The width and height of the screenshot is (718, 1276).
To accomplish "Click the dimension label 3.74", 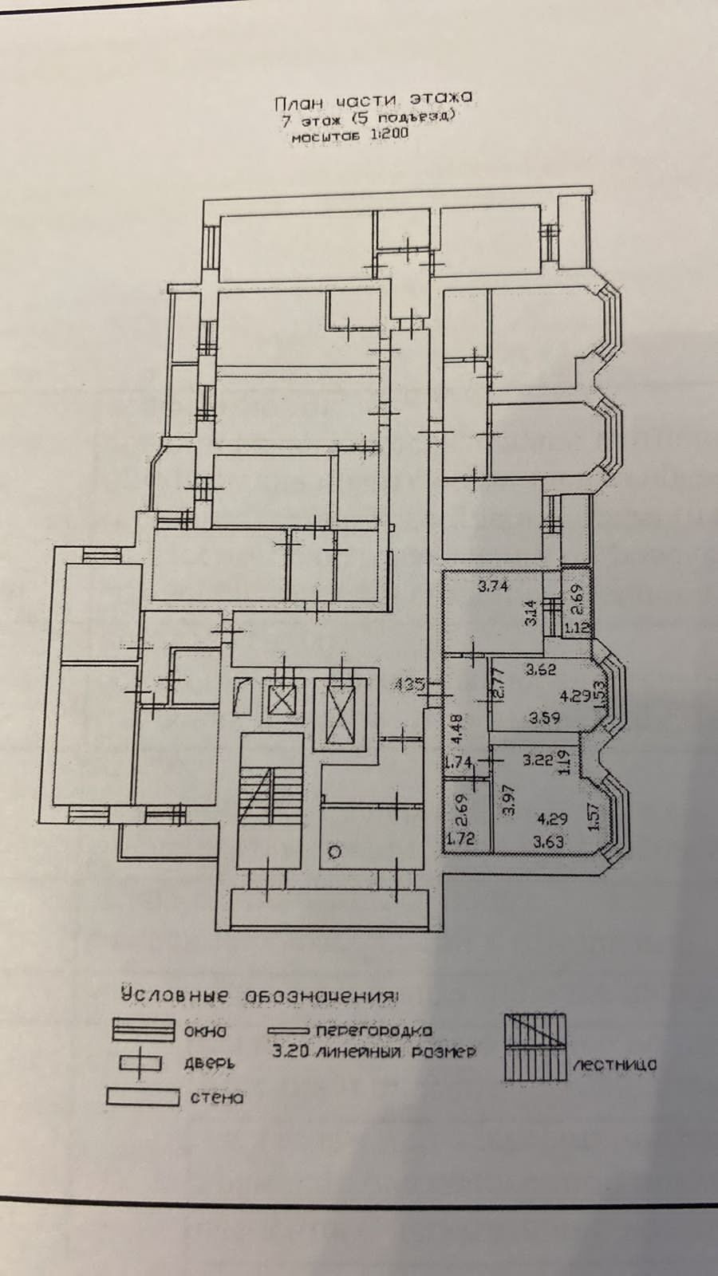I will coord(493,588).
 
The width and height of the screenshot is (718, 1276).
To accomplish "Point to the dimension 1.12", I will coord(578,628).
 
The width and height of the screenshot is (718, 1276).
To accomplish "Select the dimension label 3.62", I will coord(542,670).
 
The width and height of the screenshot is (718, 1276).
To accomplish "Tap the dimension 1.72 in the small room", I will coord(459,838).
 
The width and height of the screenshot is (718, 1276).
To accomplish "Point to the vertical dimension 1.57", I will coord(593,817).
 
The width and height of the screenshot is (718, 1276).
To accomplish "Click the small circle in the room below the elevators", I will coord(335,852).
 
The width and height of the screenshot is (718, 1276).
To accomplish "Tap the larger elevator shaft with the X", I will coord(341,712).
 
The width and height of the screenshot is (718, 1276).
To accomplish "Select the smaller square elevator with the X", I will coord(282,701).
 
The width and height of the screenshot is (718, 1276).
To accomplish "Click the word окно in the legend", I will coord(205,1031).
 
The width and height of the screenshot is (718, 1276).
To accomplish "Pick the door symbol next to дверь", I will coord(141,1064).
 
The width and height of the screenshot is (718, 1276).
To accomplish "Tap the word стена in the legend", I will coord(216,1097).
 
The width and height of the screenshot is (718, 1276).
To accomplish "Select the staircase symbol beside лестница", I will coord(534,1047).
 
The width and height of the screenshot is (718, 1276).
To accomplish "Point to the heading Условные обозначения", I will coord(260,996).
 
